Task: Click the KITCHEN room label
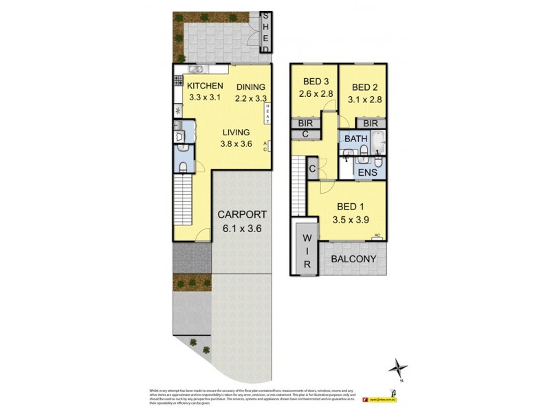[204, 86]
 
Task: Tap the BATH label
[356, 139]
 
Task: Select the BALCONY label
[353, 259]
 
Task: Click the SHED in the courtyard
[267, 32]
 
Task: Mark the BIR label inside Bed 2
[371, 123]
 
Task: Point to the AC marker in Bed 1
[377, 236]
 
